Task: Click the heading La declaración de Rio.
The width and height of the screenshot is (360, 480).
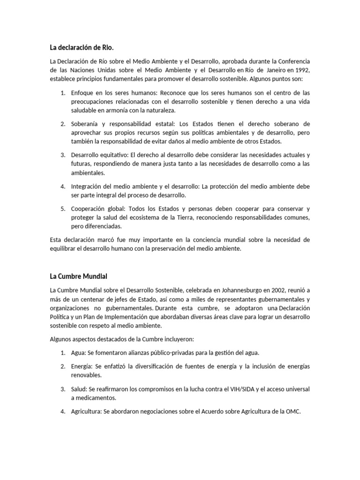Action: (82, 47)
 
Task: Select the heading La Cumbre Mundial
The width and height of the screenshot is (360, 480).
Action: (79, 276)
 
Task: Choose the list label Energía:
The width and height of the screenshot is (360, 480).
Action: (82, 366)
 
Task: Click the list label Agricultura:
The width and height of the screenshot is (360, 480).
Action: (87, 412)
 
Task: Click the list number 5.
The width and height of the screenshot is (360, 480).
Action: (62, 209)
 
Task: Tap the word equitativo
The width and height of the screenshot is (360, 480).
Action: (113, 155)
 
